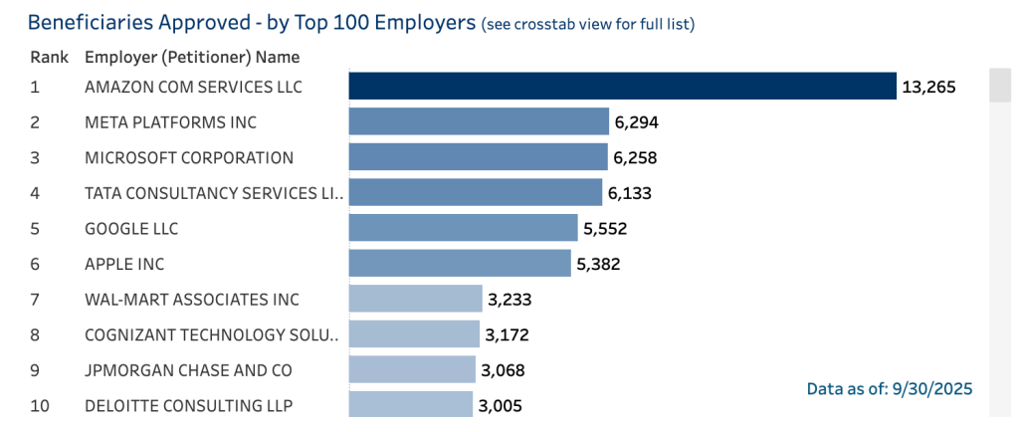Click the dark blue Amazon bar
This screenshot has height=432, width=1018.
click(622, 87)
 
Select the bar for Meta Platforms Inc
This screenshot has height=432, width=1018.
click(479, 122)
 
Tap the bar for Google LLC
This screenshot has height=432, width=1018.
click(463, 228)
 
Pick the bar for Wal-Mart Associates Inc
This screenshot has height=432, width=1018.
click(415, 299)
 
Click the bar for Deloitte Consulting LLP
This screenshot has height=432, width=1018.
click(410, 405)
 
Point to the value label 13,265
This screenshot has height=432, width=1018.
click(927, 87)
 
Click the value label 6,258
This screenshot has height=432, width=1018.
click(636, 157)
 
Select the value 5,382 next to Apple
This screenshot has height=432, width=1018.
click(600, 264)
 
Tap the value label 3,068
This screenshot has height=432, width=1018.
click(503, 370)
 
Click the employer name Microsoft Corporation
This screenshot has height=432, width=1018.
click(189, 157)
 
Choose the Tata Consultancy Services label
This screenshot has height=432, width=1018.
click(214, 193)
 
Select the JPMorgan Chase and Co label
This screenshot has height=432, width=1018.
click(189, 370)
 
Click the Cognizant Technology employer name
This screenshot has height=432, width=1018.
click(211, 334)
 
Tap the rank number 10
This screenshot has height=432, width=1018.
click(39, 405)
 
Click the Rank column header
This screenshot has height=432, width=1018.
click(48, 57)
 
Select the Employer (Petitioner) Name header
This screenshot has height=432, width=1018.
click(192, 57)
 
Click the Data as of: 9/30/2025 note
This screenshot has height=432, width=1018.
click(889, 388)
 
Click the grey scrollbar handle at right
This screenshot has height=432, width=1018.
click(999, 86)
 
